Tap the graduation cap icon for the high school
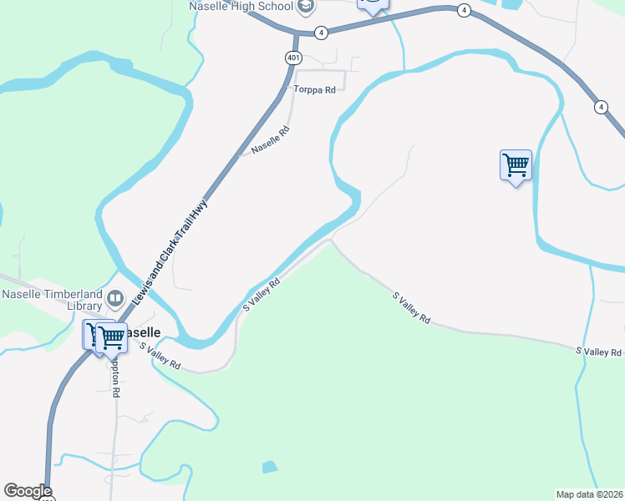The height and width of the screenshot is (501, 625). pyautogui.click(x=306, y=7)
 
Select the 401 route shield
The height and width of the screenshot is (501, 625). pyautogui.click(x=292, y=58)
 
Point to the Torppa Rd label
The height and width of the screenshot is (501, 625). pyautogui.click(x=314, y=89)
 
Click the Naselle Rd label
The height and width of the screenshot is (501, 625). pyautogui.click(x=270, y=139)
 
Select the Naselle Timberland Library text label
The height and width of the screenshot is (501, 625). pyautogui.click(x=52, y=299)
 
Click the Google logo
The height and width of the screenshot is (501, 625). pyautogui.click(x=28, y=491)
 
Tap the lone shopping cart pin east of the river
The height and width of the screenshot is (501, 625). pyautogui.click(x=516, y=164)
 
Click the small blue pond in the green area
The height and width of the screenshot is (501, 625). pyautogui.click(x=270, y=468)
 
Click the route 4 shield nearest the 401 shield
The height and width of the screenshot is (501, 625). pyautogui.click(x=321, y=33)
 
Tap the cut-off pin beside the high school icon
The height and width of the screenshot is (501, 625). pyautogui.click(x=373, y=5)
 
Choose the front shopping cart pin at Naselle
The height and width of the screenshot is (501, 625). pyautogui.click(x=110, y=338)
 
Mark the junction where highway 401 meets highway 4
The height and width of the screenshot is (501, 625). pyautogui.click(x=297, y=35)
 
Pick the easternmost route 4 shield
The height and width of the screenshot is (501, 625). pyautogui.click(x=601, y=107)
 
